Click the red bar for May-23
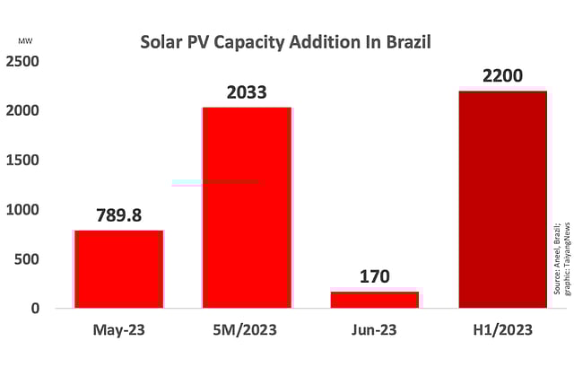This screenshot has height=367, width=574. coord(119,269)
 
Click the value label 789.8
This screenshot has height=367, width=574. coord(119,216)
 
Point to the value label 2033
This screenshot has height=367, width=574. coord(247,92)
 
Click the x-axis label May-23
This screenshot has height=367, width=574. coord(119,330)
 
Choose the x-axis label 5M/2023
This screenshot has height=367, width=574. coord(247,330)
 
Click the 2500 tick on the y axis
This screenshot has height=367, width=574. coord(22,61)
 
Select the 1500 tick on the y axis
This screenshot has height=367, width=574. coord(22,160)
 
